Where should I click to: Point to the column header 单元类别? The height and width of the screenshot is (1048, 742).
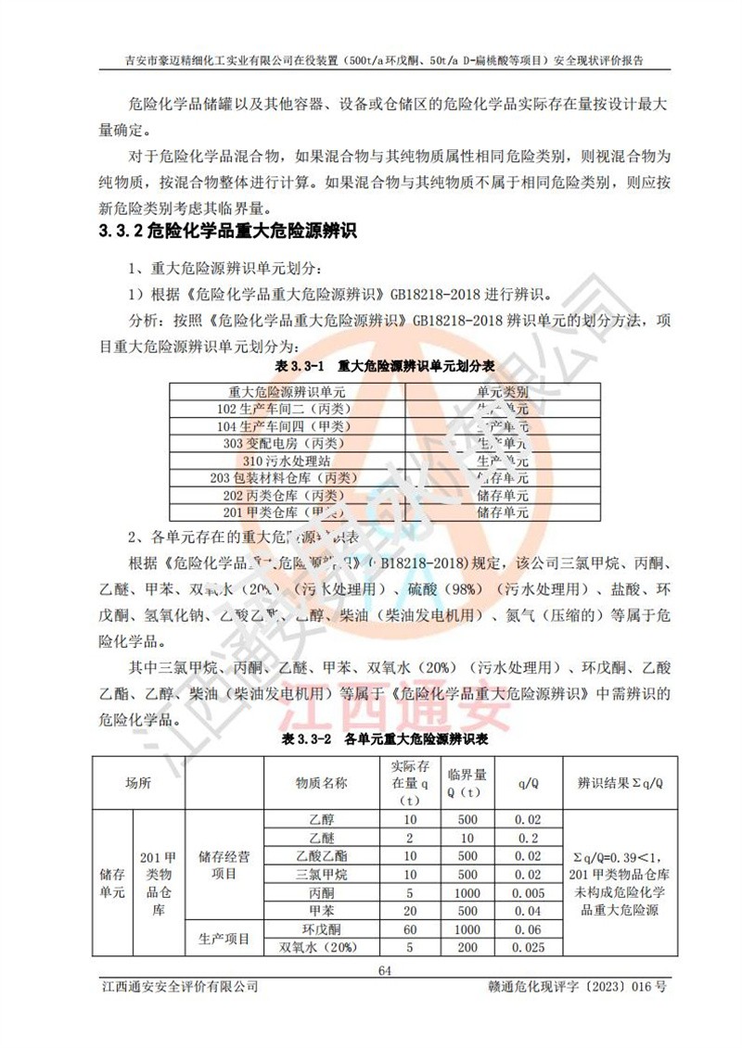tap(503, 391)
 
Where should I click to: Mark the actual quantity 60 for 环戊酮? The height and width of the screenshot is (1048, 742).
tap(409, 929)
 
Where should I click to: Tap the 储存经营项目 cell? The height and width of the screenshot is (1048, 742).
tap(224, 865)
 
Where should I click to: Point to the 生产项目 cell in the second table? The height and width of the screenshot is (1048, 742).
tap(224, 939)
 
